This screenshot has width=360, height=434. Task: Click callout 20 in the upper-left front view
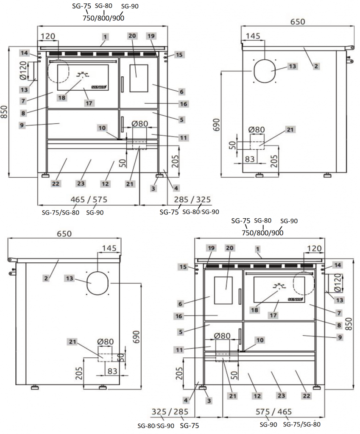pyautogui.click(x=132, y=36)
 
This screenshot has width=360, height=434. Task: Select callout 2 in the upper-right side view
pyautogui.click(x=315, y=66)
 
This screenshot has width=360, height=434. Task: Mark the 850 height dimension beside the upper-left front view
pyautogui.click(x=5, y=112)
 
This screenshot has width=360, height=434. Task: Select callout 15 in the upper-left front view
pyautogui.click(x=179, y=55)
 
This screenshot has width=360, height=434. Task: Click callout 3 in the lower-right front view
pyautogui.click(x=208, y=400)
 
